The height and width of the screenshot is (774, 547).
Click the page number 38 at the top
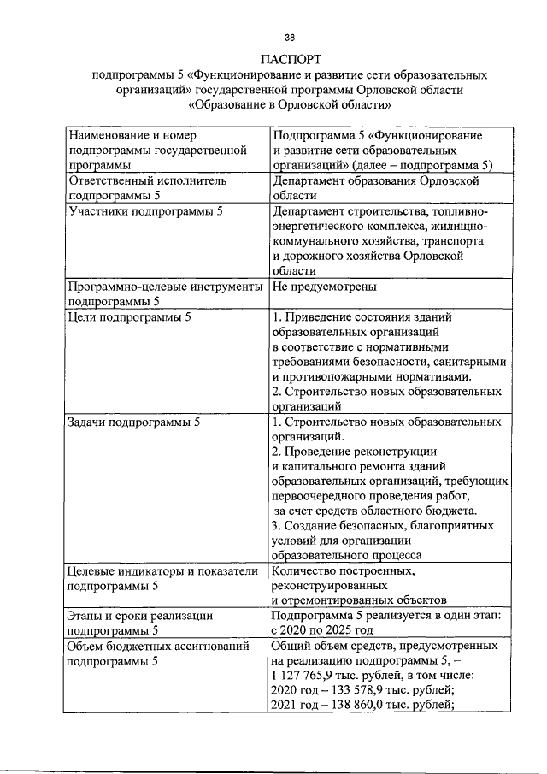click(290, 37)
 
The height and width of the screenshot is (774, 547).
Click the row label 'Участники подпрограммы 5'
click(145, 211)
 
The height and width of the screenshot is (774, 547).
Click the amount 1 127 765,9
click(312, 676)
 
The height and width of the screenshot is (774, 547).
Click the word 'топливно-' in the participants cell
click(458, 211)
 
